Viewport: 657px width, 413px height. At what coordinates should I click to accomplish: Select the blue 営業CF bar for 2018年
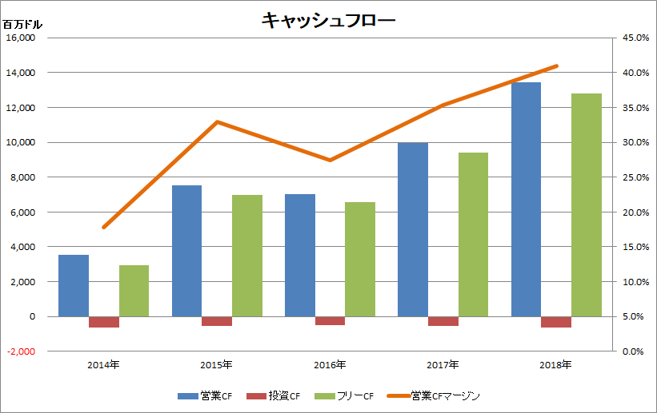(526, 199)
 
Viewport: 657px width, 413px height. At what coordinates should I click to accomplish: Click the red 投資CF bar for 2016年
(330, 320)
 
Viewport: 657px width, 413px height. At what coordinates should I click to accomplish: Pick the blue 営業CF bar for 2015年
(186, 251)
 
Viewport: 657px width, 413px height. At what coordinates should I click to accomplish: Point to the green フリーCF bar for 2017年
(473, 234)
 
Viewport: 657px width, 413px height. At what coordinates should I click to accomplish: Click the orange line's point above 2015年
(217, 122)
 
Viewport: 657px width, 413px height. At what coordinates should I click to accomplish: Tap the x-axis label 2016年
(330, 365)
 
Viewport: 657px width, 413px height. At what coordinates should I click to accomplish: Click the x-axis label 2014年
(104, 365)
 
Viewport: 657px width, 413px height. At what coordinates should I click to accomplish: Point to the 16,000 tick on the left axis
(21, 38)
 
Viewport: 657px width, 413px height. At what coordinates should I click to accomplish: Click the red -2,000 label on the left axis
(21, 351)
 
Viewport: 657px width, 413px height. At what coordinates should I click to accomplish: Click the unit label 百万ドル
(22, 24)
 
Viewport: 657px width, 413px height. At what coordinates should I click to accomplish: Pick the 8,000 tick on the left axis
(22, 177)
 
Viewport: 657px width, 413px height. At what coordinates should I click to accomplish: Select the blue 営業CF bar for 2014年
(74, 285)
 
